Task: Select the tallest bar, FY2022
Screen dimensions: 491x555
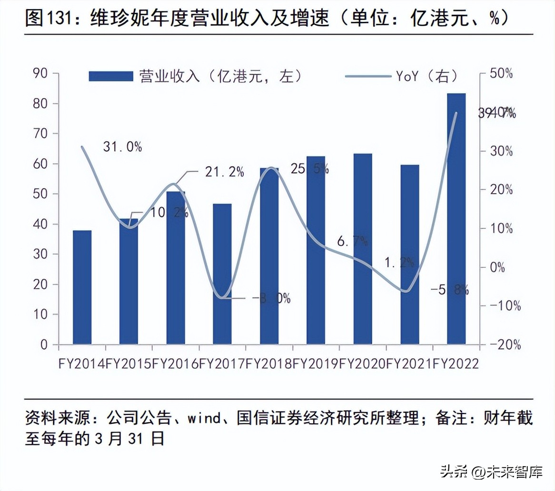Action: [456, 219]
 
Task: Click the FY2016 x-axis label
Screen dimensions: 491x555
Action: [175, 363]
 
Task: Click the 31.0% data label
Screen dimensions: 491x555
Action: [122, 147]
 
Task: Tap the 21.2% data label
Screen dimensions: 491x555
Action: [225, 172]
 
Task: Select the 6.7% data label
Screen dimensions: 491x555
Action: [352, 241]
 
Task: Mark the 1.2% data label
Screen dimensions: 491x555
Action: [399, 262]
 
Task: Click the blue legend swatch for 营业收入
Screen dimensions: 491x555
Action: [111, 76]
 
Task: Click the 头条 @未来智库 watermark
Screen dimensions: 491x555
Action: [491, 472]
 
